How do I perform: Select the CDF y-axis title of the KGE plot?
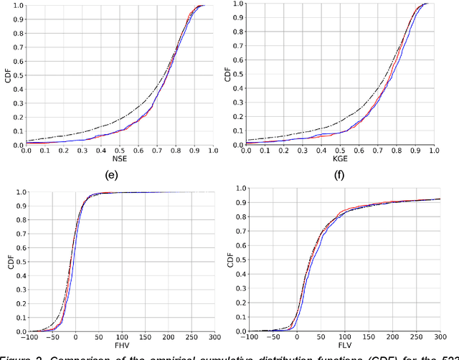(x=228, y=75)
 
